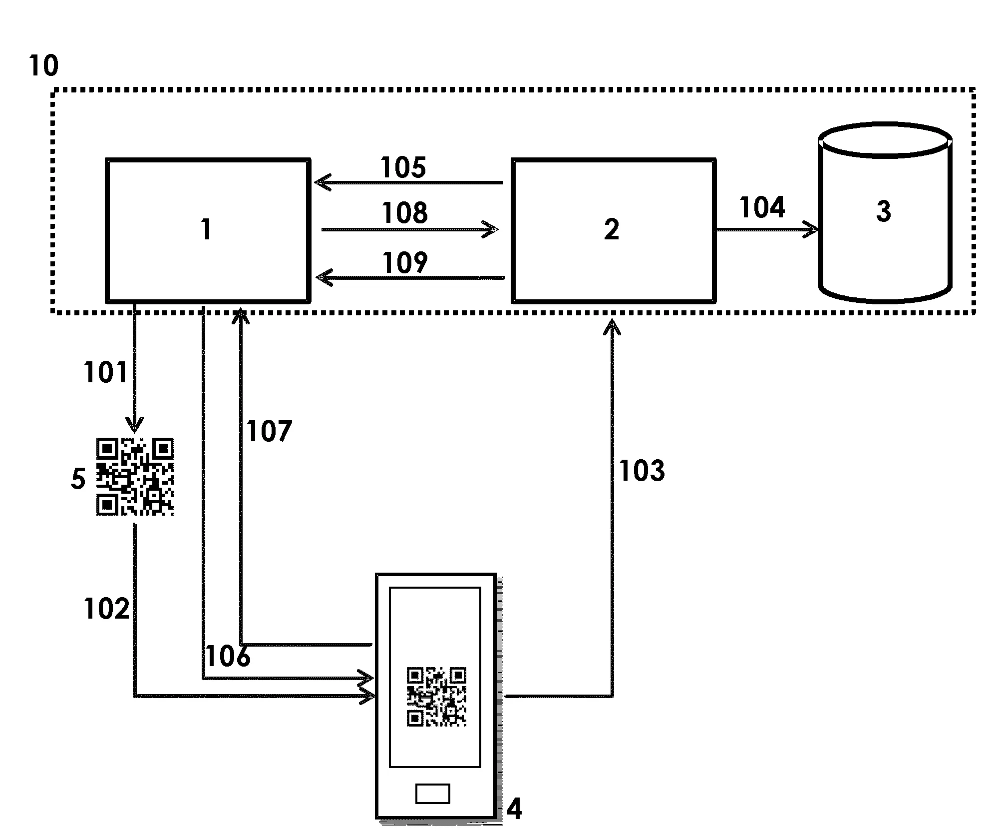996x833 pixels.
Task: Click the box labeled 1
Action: click(208, 230)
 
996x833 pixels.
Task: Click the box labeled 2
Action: click(614, 230)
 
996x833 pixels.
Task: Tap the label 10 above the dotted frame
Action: click(43, 66)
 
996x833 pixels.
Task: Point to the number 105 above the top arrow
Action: click(403, 167)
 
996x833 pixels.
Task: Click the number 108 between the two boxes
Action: click(404, 213)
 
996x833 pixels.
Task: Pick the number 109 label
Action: click(404, 263)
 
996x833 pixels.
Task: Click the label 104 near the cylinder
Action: click(762, 207)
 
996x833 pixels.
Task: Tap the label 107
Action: click(269, 431)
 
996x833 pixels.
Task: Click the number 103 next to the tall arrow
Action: click(642, 471)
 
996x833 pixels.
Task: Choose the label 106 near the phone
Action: click(228, 656)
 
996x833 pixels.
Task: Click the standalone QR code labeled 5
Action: click(135, 476)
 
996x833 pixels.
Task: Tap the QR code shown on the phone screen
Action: click(436, 697)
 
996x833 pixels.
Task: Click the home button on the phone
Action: click(432, 794)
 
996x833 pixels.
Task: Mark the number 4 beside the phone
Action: click(514, 809)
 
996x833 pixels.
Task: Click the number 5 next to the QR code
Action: click(78, 479)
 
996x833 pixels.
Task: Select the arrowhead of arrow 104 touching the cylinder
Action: click(812, 230)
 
